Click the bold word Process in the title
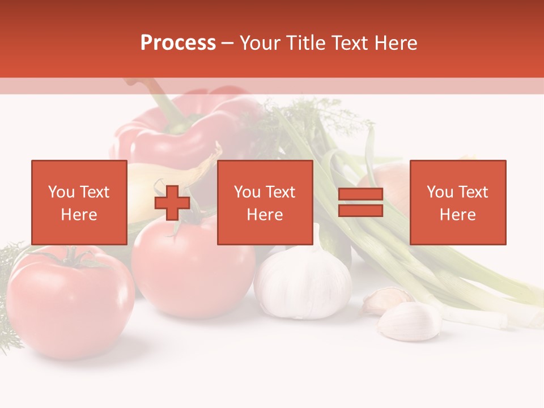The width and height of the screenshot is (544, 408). tap(178, 43)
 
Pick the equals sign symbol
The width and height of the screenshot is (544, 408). tap(360, 202)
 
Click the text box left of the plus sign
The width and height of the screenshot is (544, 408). tap(79, 202)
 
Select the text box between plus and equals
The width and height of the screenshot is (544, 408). tap(265, 202)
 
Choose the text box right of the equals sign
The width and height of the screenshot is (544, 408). tap(457, 202)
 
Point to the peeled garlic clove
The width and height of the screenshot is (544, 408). tap(409, 321)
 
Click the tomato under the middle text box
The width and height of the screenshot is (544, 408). tap(193, 272)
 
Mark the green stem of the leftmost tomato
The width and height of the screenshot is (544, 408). tap(73, 258)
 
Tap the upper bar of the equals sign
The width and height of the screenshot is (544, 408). tap(360, 194)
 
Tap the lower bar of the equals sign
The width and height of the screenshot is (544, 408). tap(360, 210)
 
